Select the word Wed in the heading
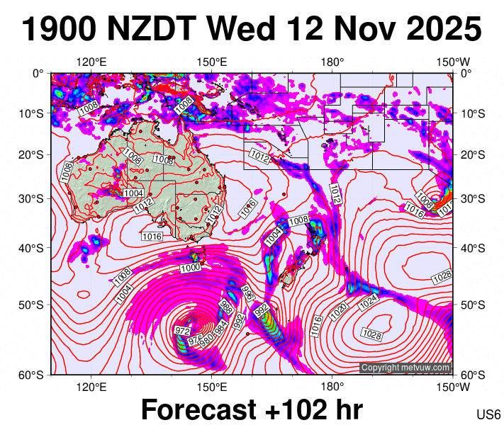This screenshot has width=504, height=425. [241, 30]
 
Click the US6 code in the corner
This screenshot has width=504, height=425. [488, 414]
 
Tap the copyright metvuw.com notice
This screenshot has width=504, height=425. [405, 368]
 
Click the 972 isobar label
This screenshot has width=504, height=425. [182, 331]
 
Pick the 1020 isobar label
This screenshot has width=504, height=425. [340, 310]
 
